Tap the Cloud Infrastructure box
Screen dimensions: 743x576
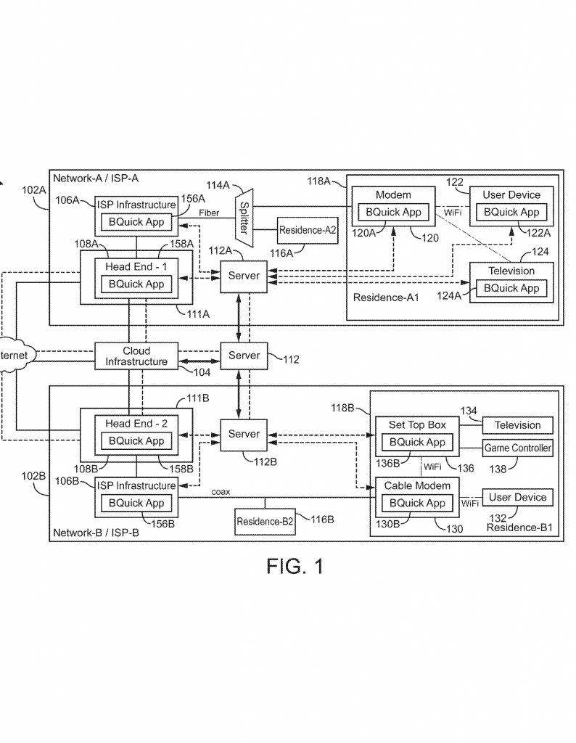click(136, 356)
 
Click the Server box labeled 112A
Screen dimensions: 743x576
click(244, 276)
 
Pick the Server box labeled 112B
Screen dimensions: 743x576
click(244, 434)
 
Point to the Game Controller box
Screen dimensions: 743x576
click(518, 448)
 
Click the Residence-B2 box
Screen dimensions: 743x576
click(265, 521)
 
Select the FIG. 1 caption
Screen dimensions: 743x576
click(295, 567)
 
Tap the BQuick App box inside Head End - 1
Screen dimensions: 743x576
click(136, 284)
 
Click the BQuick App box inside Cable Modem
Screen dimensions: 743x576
click(417, 503)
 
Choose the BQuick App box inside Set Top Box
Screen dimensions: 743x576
click(417, 442)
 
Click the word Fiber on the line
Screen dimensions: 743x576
click(209, 213)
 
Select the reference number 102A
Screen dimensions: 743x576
click(34, 189)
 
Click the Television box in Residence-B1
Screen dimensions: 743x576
click(518, 425)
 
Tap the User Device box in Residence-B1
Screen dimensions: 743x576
click(518, 498)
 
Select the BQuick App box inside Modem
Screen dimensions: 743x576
click(392, 213)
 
